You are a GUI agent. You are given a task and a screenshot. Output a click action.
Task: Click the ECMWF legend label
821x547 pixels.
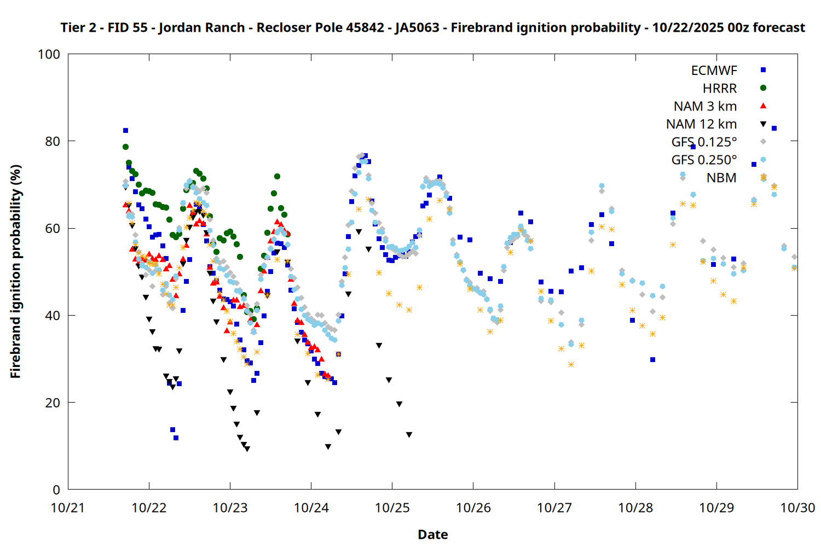click(x=714, y=71)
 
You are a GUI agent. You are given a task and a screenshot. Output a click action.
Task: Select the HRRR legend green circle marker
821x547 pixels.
click(x=763, y=88)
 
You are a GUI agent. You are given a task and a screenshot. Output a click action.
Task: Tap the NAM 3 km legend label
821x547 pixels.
click(x=705, y=106)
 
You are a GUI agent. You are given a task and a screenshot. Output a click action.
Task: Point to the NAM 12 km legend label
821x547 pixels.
click(x=701, y=124)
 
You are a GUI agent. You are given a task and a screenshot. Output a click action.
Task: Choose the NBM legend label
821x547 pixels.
click(x=721, y=178)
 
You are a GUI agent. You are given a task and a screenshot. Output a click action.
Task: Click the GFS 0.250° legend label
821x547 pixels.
click(x=704, y=160)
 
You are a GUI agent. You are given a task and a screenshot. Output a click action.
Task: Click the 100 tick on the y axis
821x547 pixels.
click(x=49, y=54)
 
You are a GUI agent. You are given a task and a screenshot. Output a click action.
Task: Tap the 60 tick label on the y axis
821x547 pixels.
click(x=53, y=228)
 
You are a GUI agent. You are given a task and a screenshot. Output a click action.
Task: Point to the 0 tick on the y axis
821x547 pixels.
click(x=56, y=490)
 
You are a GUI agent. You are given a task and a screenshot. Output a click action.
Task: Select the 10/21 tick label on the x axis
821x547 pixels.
click(x=68, y=508)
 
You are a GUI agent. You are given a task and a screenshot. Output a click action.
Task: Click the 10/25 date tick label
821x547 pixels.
click(x=392, y=508)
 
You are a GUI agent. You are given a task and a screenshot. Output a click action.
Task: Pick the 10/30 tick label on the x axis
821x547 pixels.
click(x=797, y=508)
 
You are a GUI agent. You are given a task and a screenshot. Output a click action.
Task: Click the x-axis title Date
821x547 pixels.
click(x=432, y=534)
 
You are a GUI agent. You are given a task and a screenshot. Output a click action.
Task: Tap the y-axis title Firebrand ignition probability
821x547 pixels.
click(x=15, y=271)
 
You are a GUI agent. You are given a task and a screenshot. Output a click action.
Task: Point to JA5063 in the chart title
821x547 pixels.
click(x=417, y=27)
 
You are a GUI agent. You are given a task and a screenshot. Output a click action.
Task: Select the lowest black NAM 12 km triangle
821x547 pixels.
click(x=247, y=449)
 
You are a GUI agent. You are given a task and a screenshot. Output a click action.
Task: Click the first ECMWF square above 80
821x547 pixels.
click(x=125, y=130)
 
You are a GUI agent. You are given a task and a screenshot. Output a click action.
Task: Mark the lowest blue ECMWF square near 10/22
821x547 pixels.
click(x=176, y=438)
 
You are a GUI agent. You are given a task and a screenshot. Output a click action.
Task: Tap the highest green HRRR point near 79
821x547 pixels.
click(x=125, y=147)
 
